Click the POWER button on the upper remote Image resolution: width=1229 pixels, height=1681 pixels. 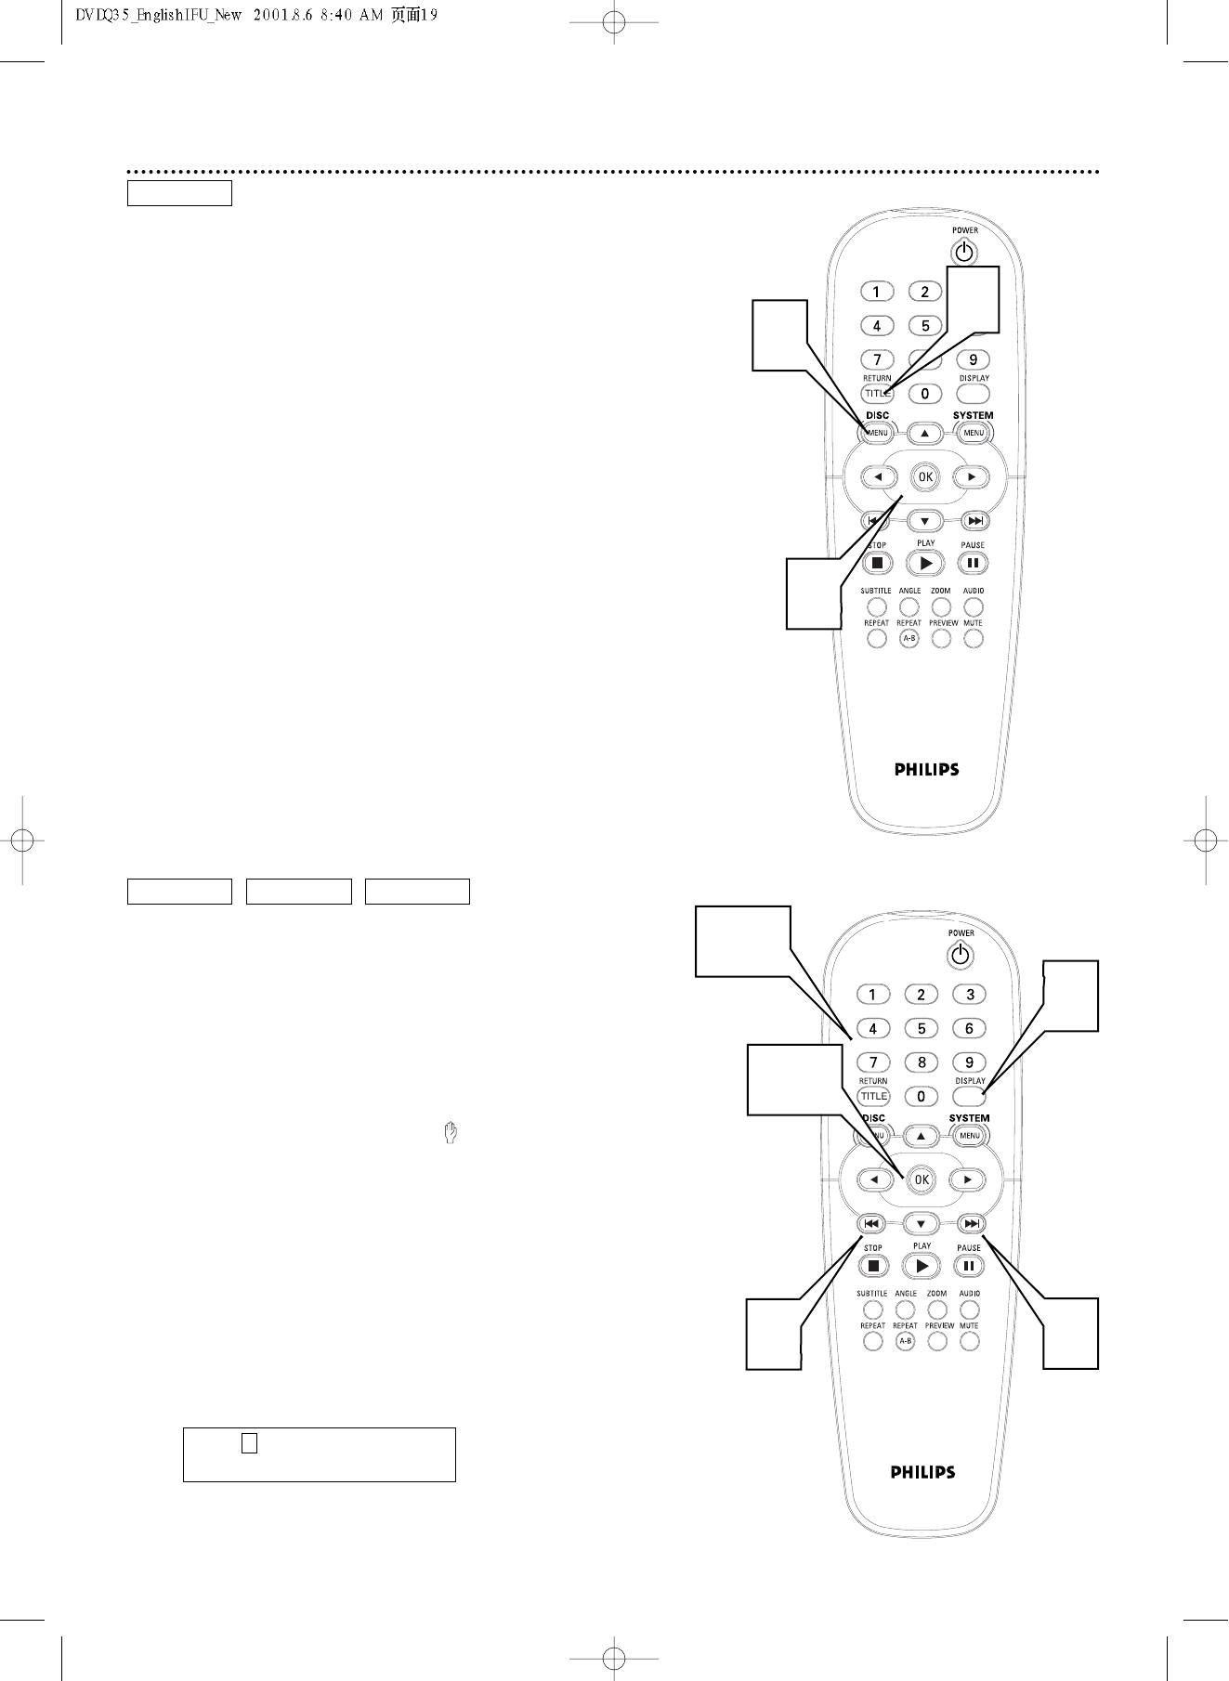point(965,252)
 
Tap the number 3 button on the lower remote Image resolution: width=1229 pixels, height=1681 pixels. point(970,995)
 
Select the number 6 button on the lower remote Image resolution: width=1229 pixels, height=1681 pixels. point(970,1028)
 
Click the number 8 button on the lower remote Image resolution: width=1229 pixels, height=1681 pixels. point(922,1062)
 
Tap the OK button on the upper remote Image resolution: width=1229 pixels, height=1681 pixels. point(925,477)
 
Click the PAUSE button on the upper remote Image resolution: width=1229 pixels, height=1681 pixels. point(973,563)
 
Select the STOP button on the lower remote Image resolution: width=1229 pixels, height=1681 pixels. point(873,1266)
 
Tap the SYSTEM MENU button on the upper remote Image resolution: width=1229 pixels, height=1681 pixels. point(974,433)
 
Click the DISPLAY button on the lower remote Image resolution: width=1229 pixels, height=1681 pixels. point(970,1097)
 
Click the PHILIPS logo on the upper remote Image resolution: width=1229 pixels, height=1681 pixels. point(926,769)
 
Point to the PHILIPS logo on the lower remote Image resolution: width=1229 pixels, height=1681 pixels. point(922,1472)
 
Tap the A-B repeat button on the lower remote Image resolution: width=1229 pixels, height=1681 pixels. point(905,1341)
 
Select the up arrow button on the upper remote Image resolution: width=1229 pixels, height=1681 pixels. point(925,433)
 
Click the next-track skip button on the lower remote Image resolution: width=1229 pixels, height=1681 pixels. point(970,1224)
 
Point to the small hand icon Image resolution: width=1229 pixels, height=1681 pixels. point(451,1133)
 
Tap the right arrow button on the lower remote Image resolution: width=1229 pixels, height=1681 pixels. point(967,1179)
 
